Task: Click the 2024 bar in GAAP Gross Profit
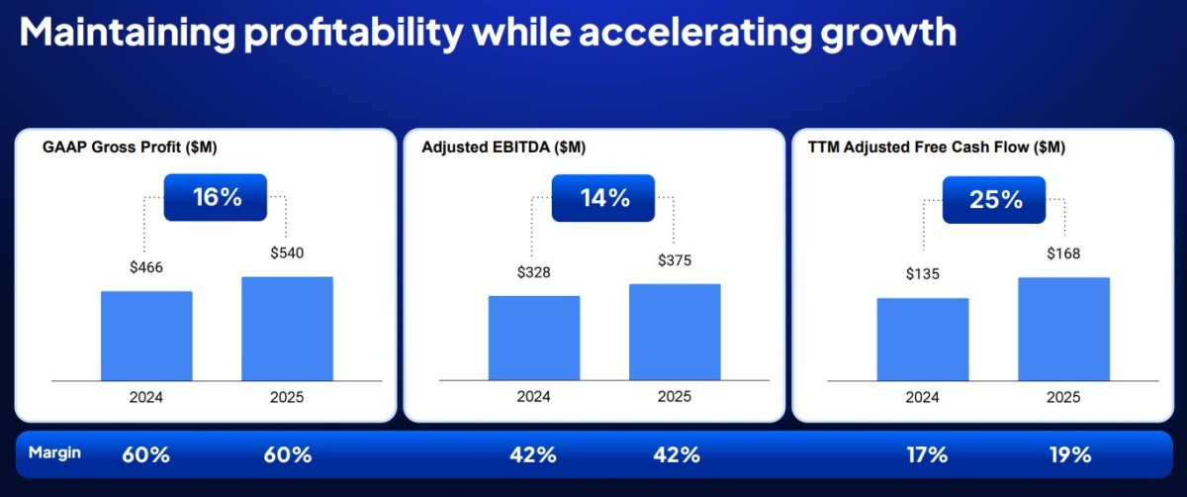[x=146, y=336]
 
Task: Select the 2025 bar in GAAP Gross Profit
[x=287, y=329]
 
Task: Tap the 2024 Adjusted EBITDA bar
[x=534, y=338]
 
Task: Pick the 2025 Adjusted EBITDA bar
[x=675, y=332]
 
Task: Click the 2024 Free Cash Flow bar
[x=923, y=340]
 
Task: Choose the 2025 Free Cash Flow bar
[x=1064, y=329]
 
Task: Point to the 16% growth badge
[x=216, y=197]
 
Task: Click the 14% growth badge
[x=603, y=198]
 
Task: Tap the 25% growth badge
[x=994, y=200]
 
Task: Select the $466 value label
[x=146, y=266]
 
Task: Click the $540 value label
[x=287, y=252]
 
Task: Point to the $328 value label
[x=533, y=272]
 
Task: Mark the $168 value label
[x=1063, y=253]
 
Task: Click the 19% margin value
[x=1070, y=454]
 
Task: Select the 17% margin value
[x=928, y=454]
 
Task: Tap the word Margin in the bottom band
[x=54, y=453]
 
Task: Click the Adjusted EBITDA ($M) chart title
[x=503, y=147]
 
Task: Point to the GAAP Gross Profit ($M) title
[x=130, y=147]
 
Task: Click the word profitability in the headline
[x=353, y=33]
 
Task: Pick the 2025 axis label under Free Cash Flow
[x=1063, y=397]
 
